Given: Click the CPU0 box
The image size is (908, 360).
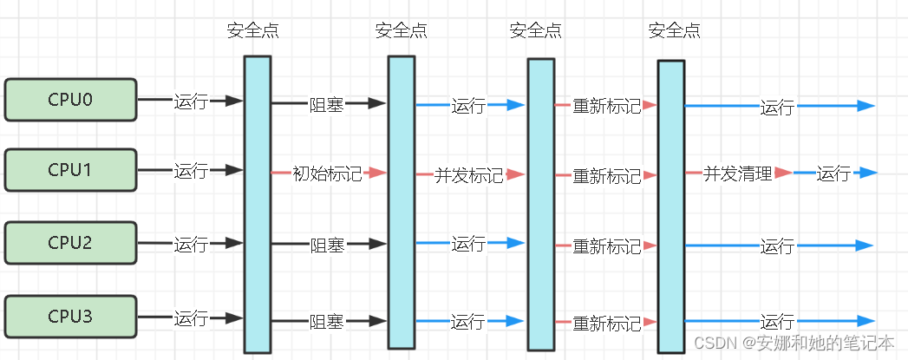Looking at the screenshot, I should (70, 99).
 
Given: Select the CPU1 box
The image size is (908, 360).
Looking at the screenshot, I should (70, 169).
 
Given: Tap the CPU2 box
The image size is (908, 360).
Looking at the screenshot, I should (70, 243).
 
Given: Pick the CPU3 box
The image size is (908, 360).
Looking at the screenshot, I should (70, 317).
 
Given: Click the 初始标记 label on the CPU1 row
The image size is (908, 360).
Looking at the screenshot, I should (327, 173).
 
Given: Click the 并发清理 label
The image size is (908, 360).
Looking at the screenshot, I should (737, 173).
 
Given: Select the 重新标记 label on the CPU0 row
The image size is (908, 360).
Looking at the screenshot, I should (606, 106).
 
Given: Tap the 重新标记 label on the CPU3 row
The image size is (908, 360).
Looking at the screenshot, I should (606, 323).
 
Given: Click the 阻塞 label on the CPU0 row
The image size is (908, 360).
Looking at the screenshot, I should (327, 104).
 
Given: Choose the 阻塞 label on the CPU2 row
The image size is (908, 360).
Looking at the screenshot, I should (327, 245).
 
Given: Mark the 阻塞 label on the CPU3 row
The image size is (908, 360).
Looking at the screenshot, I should (327, 322).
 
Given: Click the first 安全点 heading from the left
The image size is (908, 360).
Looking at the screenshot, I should (253, 31).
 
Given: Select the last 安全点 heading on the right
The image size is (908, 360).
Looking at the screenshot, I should (675, 31).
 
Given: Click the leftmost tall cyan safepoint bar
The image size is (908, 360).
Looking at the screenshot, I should (258, 204).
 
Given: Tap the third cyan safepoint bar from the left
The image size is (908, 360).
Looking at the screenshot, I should (540, 204).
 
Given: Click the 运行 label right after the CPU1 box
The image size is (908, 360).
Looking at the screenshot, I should (191, 171).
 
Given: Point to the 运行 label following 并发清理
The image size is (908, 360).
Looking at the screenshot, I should (833, 173).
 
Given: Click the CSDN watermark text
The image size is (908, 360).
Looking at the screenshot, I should (794, 343).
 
